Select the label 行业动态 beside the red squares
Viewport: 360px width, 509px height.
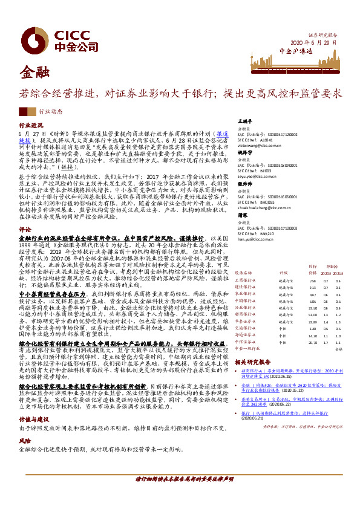click(x=50, y=112)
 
